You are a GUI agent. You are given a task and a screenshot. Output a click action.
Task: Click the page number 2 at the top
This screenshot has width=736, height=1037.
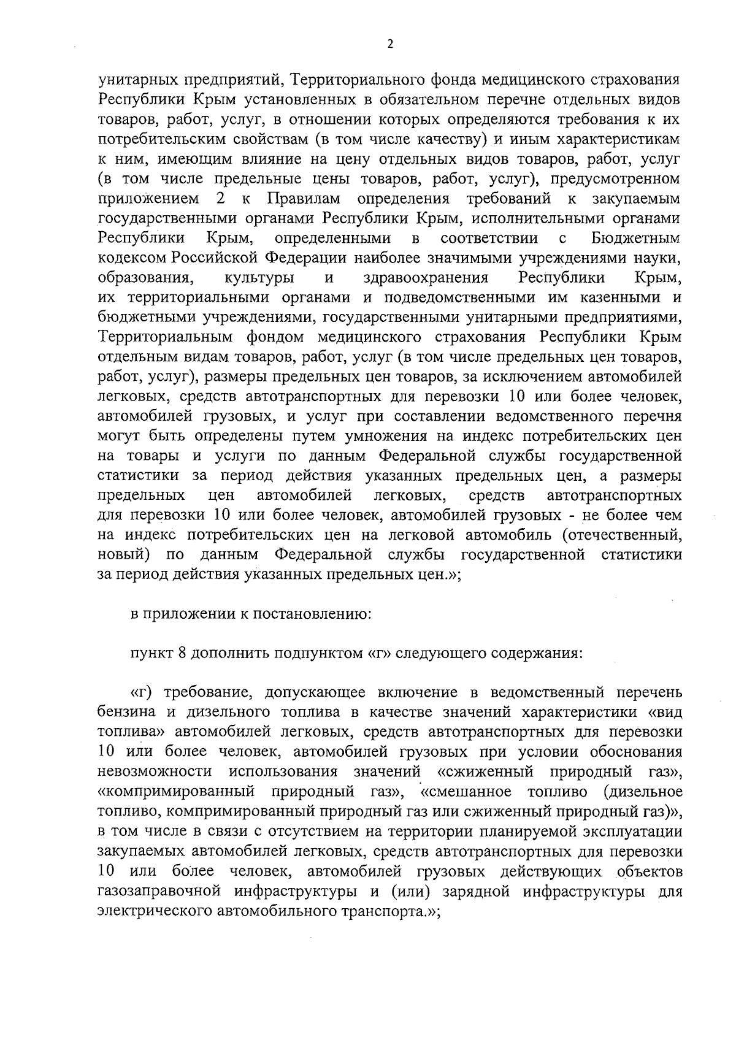pyautogui.click(x=389, y=44)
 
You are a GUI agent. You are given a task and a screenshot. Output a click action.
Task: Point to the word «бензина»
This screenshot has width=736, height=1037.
pyautogui.click(x=125, y=713)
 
